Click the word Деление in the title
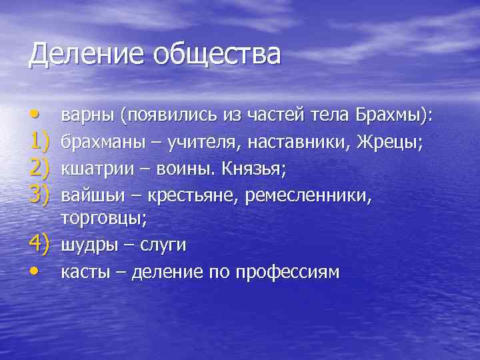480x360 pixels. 79,54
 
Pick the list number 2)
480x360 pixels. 38,169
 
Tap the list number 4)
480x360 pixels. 38,245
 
